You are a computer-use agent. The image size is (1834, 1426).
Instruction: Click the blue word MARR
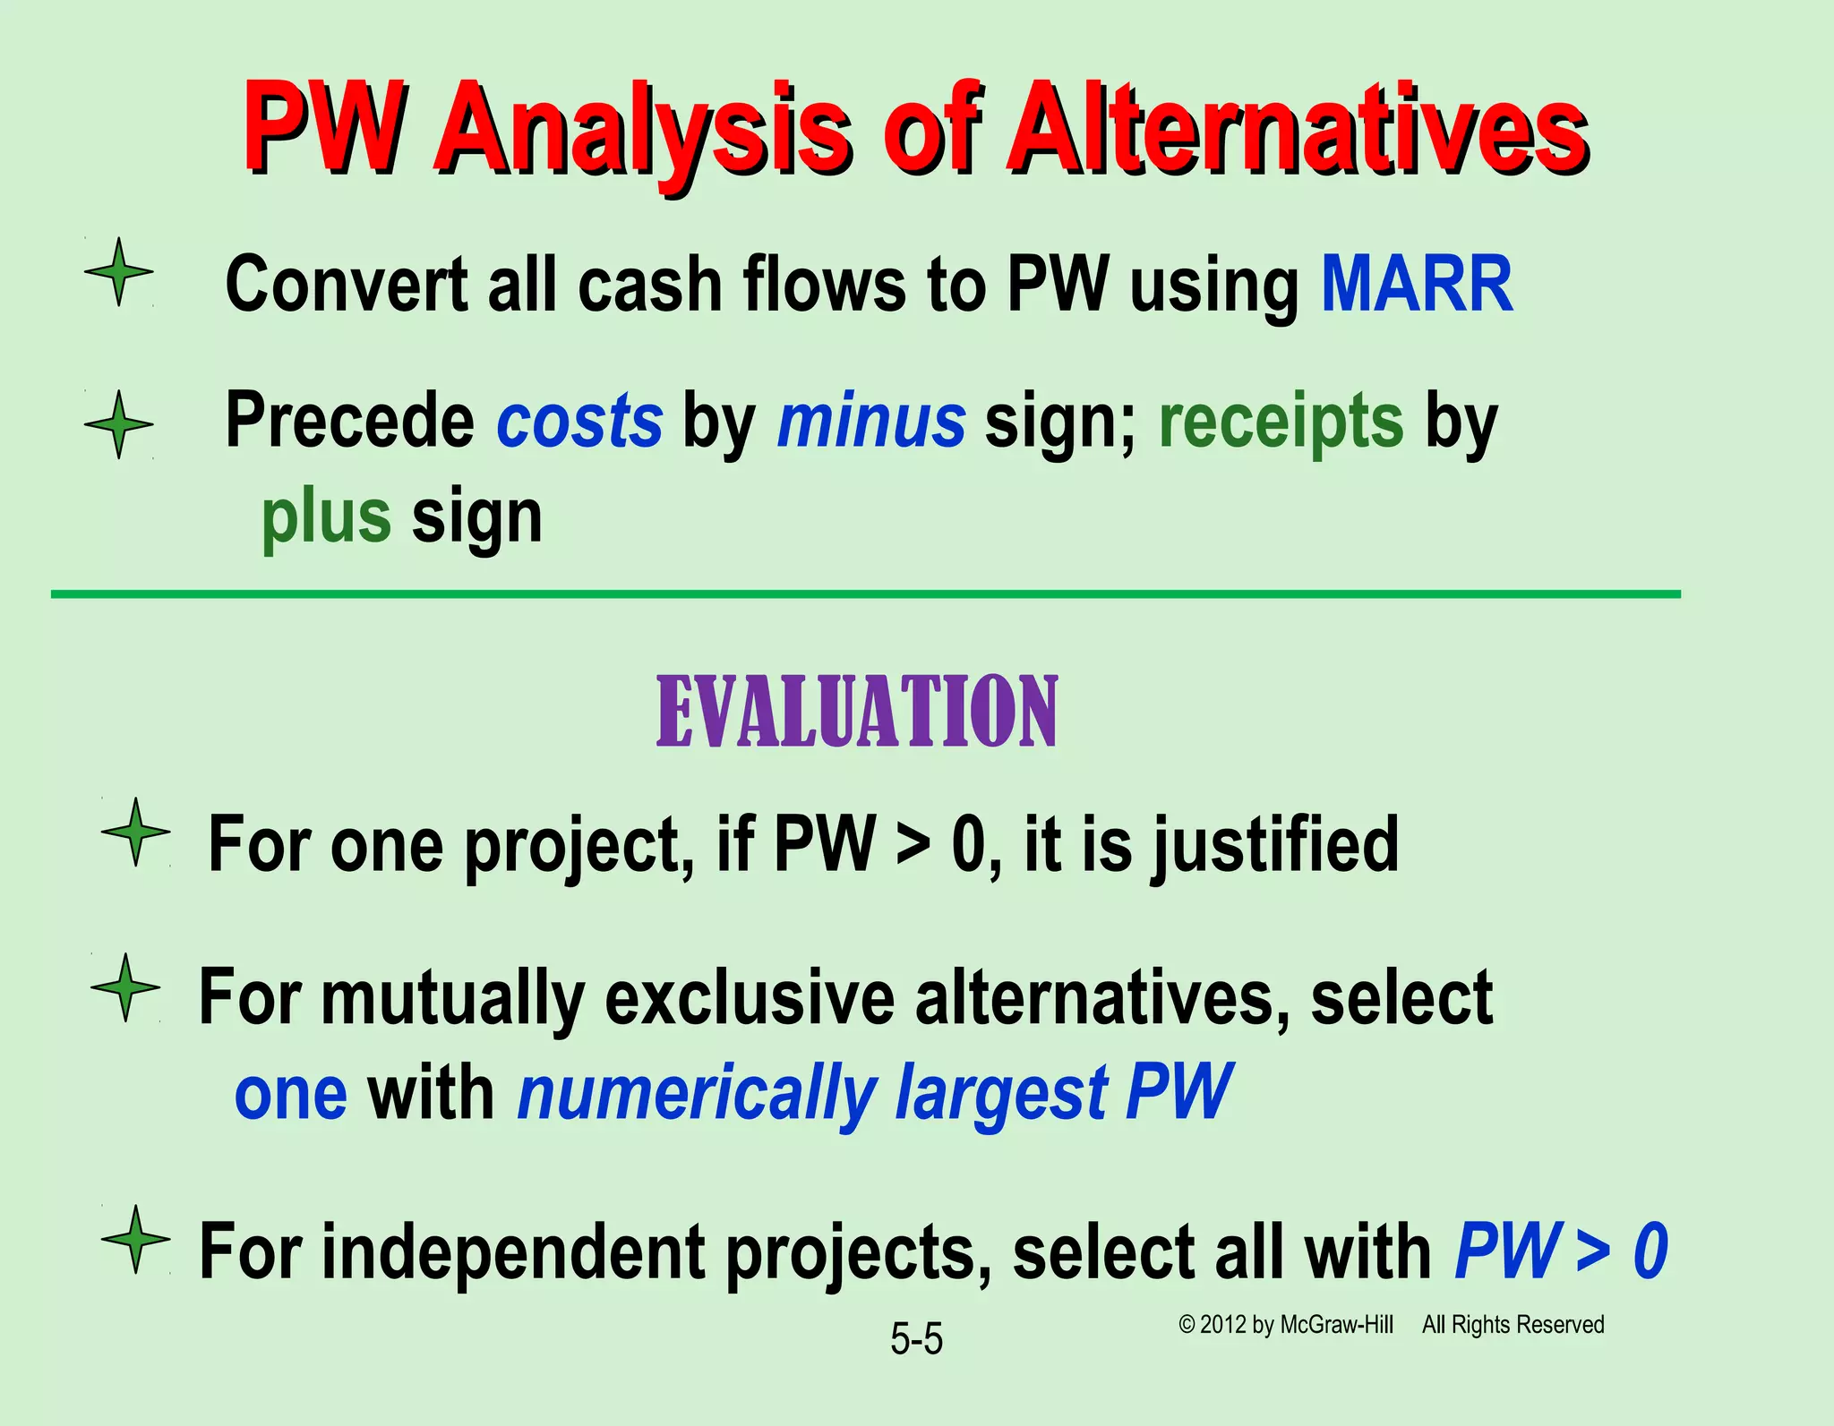tap(1417, 285)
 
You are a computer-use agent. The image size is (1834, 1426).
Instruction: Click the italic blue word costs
tap(579, 421)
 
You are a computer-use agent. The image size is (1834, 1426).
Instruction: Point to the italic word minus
tap(870, 421)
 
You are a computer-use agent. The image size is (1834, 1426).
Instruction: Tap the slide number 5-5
tap(916, 1340)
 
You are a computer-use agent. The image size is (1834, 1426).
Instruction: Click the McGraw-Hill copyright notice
tap(1391, 1325)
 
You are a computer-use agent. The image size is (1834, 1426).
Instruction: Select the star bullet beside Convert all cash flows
tap(119, 272)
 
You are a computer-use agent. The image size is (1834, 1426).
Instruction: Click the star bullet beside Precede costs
tap(119, 424)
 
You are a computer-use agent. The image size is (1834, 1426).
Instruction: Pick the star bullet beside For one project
tap(135, 832)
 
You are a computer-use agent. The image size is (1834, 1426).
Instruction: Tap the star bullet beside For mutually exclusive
tap(125, 987)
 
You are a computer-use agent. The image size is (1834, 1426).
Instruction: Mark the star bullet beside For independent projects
tap(135, 1239)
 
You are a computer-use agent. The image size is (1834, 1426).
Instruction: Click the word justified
tap(1274, 845)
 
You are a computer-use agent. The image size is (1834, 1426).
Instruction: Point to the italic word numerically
tap(697, 1093)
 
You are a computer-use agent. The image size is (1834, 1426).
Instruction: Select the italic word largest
tap(1002, 1095)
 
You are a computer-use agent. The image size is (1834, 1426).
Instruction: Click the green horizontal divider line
tap(865, 593)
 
